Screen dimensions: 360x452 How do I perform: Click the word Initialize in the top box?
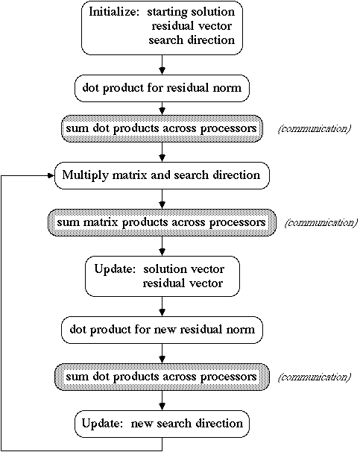tap(114, 13)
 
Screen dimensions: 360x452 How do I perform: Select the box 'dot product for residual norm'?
tap(162, 88)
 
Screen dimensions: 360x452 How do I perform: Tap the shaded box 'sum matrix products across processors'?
tap(162, 222)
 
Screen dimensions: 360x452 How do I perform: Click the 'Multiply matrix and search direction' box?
tap(162, 175)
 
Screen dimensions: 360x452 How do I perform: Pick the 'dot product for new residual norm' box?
tap(162, 330)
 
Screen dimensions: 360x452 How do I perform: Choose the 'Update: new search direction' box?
tap(162, 424)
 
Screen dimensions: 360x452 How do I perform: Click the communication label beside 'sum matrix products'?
tap(320, 223)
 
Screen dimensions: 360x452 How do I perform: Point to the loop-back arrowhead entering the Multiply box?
tap(51, 175)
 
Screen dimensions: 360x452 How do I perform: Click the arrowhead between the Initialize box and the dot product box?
tap(162, 71)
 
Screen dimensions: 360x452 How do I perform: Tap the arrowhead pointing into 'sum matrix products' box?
tap(162, 205)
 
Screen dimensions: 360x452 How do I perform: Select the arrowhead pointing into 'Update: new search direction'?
tap(162, 407)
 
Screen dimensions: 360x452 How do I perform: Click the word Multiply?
tap(85, 175)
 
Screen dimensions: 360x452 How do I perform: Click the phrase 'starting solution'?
tap(191, 12)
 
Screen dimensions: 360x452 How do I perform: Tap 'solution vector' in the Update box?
tap(183, 269)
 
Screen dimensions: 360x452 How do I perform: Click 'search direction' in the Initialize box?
tap(192, 40)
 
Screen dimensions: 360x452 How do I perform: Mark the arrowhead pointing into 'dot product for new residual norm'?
tap(162, 313)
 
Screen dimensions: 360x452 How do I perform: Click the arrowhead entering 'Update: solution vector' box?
tap(162, 252)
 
